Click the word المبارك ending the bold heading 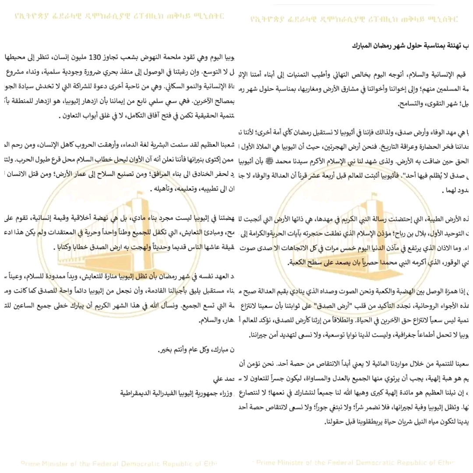(x=364, y=45)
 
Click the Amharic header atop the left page (x=119, y=17)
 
